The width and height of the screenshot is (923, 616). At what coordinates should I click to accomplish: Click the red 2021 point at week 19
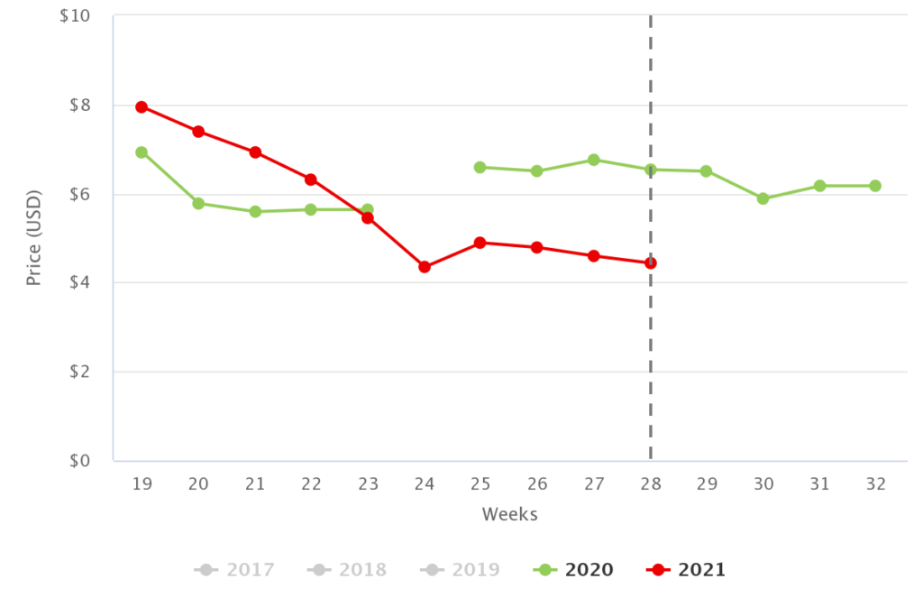142,106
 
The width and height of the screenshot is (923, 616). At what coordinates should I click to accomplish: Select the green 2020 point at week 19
142,152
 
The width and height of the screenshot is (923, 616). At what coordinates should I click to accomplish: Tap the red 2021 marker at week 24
425,267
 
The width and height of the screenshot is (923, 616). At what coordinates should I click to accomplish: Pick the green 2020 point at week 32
875,186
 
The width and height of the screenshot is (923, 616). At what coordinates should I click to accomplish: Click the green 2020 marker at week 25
480,167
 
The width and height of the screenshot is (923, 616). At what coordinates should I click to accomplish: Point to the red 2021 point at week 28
651,263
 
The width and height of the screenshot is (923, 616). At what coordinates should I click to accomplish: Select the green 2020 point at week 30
763,198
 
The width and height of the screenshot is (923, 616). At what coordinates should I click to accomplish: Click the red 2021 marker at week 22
311,179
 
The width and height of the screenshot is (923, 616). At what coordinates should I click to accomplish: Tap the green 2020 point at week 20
198,203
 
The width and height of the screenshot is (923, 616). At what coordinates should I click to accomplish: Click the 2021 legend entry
687,570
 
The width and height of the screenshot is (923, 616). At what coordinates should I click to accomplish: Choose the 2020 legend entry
573,570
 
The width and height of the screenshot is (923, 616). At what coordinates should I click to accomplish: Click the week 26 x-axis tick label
537,484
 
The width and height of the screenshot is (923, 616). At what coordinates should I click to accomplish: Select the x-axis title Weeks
509,515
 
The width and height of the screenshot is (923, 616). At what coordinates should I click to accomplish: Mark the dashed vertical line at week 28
651,379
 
